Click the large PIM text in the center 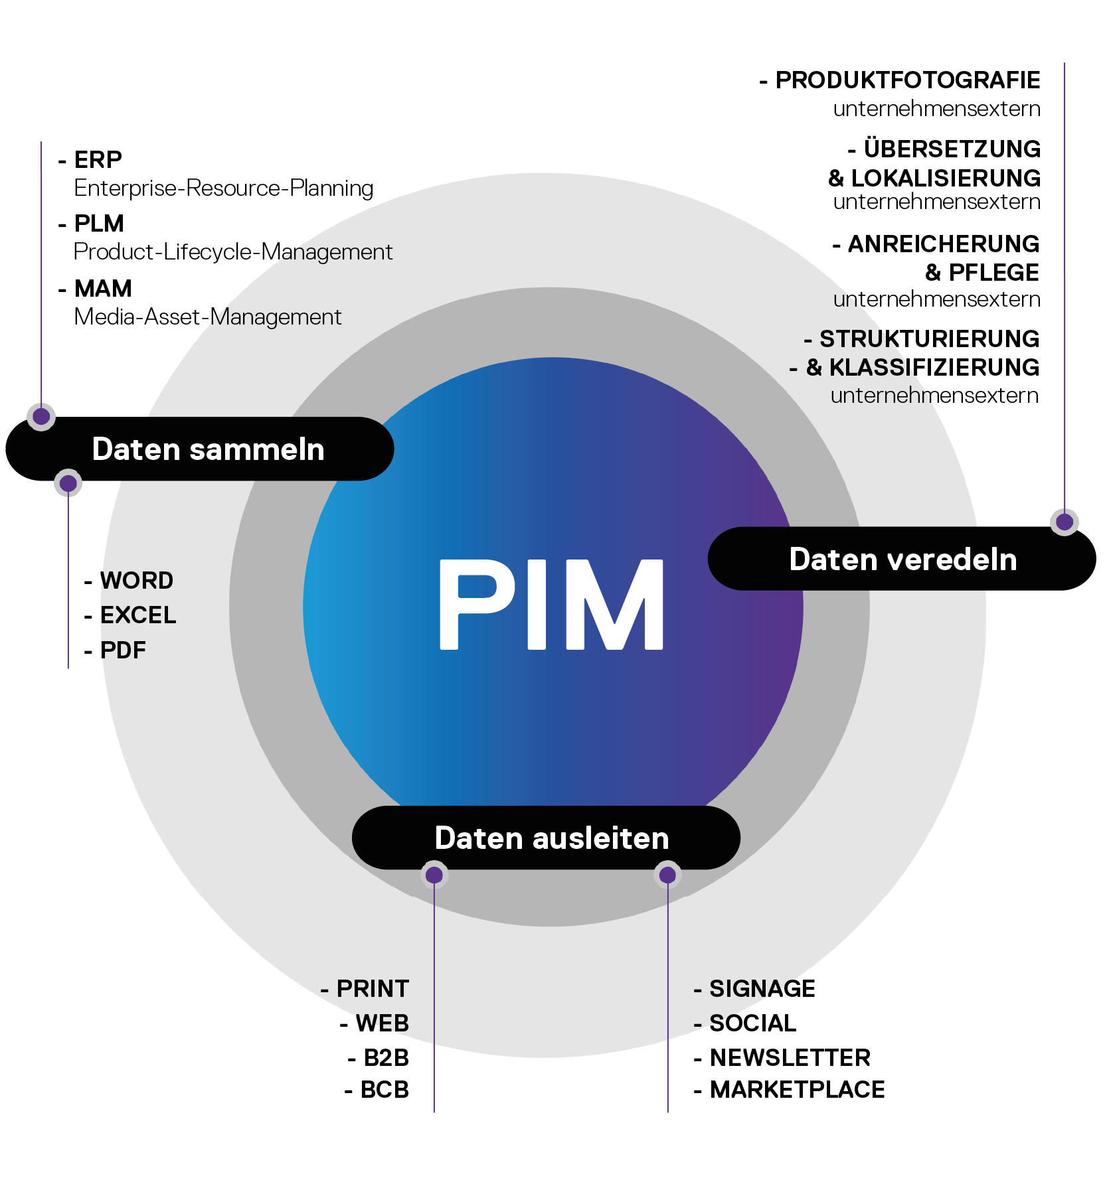point(551,604)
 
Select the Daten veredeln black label point(902,559)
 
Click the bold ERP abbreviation point(98,160)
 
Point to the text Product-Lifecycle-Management point(232,252)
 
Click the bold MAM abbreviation point(103,289)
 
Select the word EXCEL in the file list point(138,615)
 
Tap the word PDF point(123,650)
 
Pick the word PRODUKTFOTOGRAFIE point(907,80)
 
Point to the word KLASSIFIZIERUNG point(934,367)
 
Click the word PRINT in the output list point(373,988)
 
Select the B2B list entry point(386,1057)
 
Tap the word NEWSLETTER point(790,1057)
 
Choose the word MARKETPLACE point(797,1089)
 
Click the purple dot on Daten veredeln point(1065,522)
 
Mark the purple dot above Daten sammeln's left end point(41,416)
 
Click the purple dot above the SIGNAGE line point(667,875)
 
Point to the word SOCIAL point(752,1023)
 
